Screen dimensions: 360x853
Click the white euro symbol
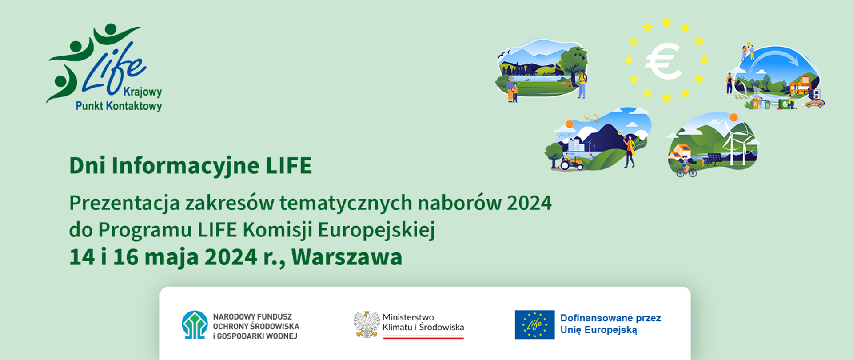pyautogui.click(x=663, y=61)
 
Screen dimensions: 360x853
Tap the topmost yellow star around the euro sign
pyautogui.click(x=666, y=22)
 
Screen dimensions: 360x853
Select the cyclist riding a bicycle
pyautogui.click(x=686, y=167)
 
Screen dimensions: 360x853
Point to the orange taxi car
pyautogui.click(x=814, y=103)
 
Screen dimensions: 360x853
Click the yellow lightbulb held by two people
pyautogui.click(x=748, y=45)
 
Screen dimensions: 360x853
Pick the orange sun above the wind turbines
pyautogui.click(x=733, y=117)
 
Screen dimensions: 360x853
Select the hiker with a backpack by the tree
pyautogui.click(x=582, y=84)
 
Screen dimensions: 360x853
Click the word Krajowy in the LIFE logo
pyautogui.click(x=142, y=92)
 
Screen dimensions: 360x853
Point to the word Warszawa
pyautogui.click(x=347, y=257)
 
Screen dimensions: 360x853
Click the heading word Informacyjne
pyautogui.click(x=185, y=165)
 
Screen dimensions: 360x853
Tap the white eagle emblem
pyautogui.click(x=366, y=324)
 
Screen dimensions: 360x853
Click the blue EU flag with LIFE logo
pyautogui.click(x=534, y=324)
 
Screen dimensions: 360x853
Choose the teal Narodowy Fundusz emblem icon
pyautogui.click(x=195, y=325)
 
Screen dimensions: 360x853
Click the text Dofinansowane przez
pyautogui.click(x=610, y=318)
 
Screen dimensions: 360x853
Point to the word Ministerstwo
pyautogui.click(x=408, y=317)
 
